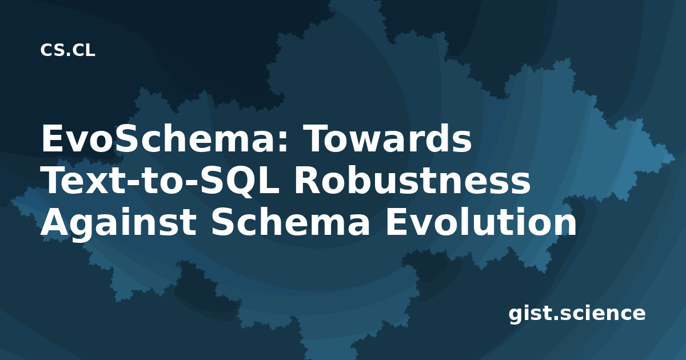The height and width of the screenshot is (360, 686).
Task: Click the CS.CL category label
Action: point(67,50)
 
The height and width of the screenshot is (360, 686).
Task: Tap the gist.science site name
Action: point(577,314)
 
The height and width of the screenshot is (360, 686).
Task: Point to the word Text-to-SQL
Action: point(161,181)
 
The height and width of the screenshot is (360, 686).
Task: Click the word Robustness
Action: point(412,181)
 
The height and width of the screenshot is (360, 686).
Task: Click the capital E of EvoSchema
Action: point(51,139)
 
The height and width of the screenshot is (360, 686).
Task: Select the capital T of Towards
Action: point(316,139)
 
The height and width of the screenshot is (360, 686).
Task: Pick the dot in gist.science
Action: point(555,318)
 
